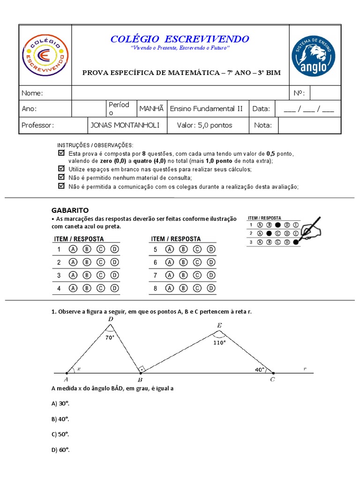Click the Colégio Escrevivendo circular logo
point(45,56)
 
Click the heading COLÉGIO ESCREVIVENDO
point(180,39)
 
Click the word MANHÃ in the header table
point(151,108)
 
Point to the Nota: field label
point(263,125)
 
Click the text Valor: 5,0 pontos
point(205,125)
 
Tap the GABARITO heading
point(69,210)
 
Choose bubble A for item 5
point(170,249)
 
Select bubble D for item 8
point(211,288)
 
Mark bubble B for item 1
point(87,249)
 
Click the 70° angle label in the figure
point(110,337)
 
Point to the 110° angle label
point(219,342)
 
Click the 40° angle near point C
point(260,369)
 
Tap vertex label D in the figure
point(111,320)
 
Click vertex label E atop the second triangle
point(219,325)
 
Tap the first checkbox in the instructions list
point(60,153)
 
